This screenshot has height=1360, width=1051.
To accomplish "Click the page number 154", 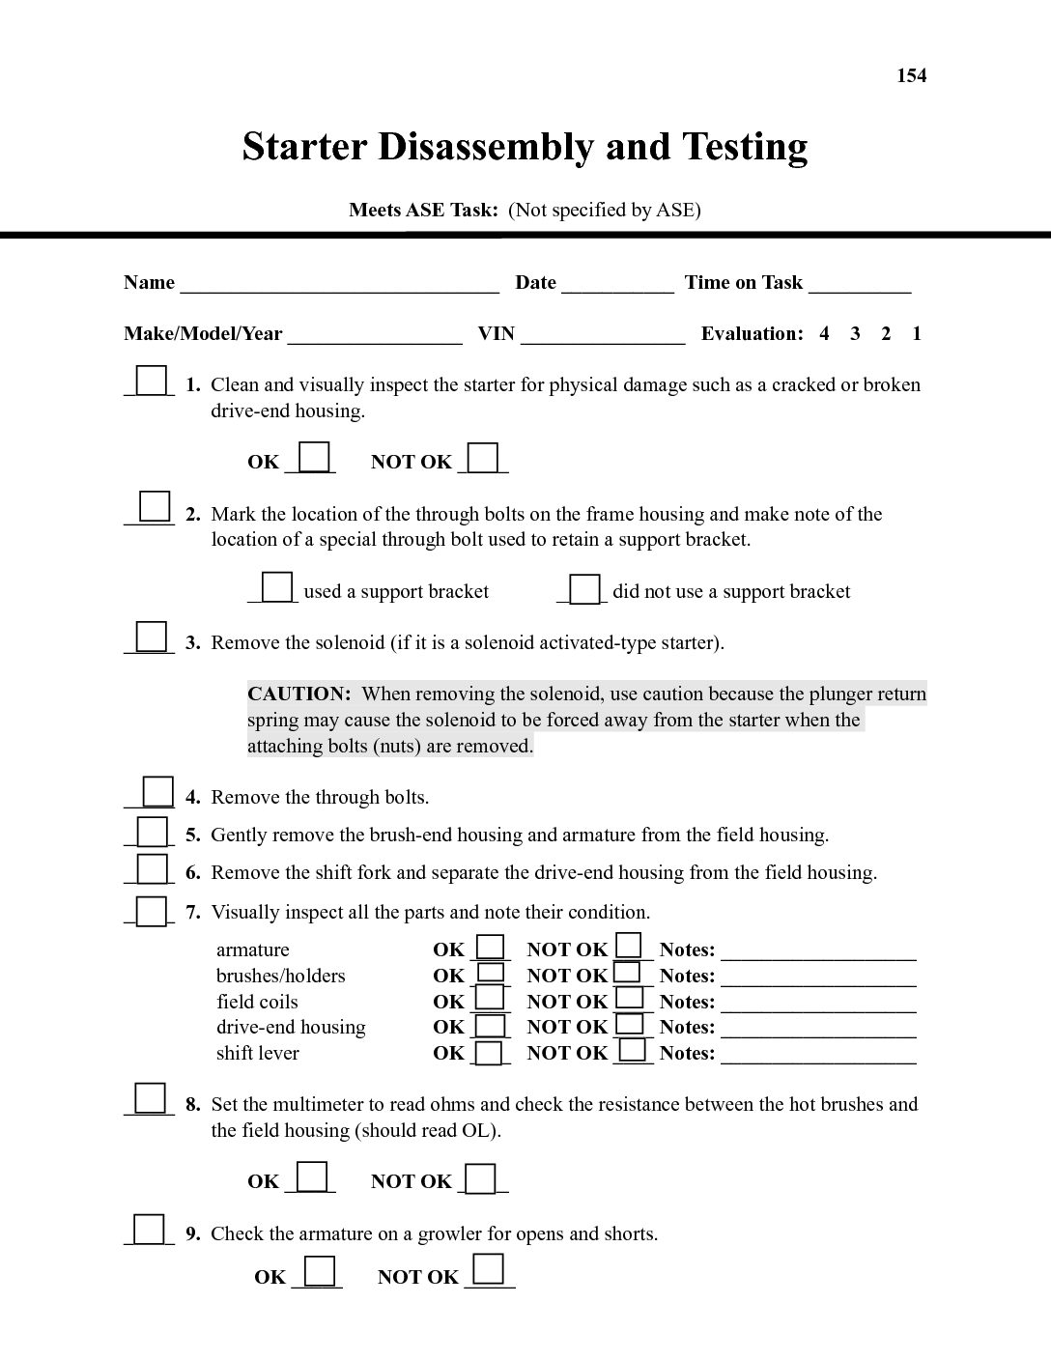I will (x=911, y=75).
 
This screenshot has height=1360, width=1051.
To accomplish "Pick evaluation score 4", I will (x=824, y=334).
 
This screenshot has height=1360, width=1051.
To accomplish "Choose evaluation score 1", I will (x=916, y=334).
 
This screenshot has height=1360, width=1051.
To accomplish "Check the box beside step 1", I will (x=151, y=381).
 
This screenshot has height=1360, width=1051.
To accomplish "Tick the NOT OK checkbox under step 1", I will (x=483, y=457).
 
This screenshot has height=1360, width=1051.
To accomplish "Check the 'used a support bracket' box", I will (x=277, y=587).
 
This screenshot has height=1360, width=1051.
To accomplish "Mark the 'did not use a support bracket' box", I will (x=584, y=588).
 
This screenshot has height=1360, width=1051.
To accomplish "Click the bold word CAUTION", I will (x=298, y=694).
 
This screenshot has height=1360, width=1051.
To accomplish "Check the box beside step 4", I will (x=157, y=792).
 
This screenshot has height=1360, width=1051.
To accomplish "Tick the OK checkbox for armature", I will (x=492, y=947).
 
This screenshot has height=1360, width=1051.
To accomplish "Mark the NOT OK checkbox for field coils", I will (x=630, y=997).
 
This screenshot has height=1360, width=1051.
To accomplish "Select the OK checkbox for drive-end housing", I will (x=492, y=1025).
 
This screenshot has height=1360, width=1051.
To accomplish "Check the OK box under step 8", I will (x=311, y=1176).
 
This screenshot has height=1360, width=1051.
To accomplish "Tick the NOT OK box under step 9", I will (x=488, y=1269).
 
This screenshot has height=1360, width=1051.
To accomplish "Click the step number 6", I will (x=193, y=873).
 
